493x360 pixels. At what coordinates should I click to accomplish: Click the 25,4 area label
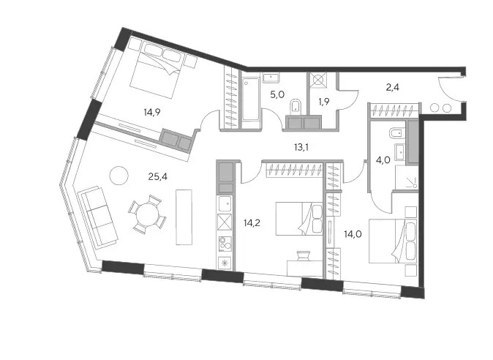click(158, 177)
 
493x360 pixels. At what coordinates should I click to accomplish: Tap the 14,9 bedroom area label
click(152, 112)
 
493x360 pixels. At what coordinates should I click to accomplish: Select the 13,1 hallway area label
click(301, 147)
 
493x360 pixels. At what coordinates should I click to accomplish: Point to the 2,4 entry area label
click(392, 87)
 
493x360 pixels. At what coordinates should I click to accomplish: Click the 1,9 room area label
click(323, 102)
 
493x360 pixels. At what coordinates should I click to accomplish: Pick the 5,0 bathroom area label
click(277, 94)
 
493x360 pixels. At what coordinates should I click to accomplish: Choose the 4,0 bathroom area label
click(383, 160)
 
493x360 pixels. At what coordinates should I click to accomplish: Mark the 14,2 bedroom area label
click(252, 223)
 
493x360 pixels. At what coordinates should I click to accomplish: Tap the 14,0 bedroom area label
click(353, 234)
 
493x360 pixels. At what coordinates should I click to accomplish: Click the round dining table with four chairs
click(147, 214)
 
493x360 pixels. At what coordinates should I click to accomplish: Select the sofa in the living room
click(97, 217)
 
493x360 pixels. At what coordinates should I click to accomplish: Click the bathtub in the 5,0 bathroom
click(251, 99)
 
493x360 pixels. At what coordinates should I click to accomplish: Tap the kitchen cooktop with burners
click(225, 244)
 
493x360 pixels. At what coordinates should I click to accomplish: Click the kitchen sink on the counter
click(225, 203)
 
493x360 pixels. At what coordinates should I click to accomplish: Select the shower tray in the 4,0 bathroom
click(406, 177)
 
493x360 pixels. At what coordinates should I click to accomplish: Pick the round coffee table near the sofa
click(118, 176)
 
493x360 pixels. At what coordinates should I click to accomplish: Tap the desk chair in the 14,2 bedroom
click(303, 255)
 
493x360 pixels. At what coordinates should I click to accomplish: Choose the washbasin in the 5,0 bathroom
click(271, 78)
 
